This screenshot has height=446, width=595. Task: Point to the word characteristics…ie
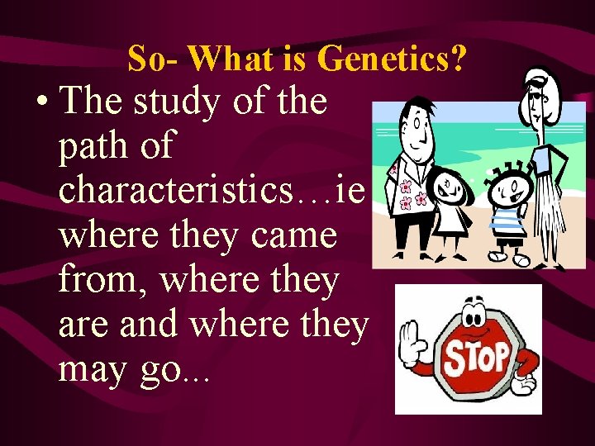pos(212,191)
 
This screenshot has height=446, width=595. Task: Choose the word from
pos(102,281)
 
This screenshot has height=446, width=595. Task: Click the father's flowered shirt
pos(410,194)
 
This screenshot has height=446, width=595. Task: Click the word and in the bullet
pos(150,325)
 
